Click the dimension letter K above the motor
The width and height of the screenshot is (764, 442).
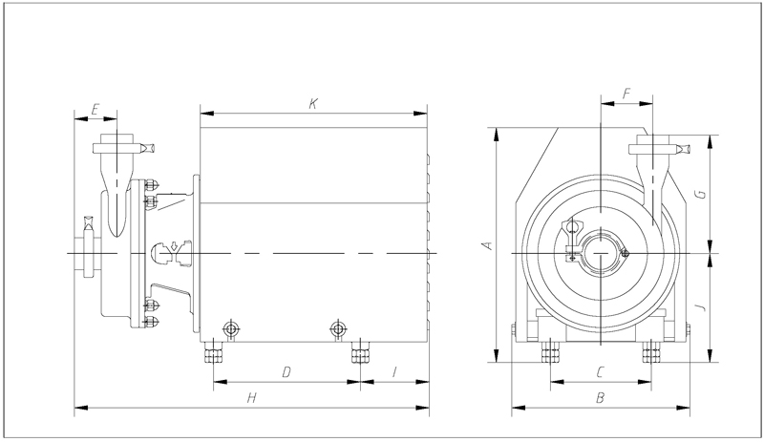(x=313, y=104)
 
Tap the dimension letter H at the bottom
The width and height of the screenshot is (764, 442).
(x=250, y=398)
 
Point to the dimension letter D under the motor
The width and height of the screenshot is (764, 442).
(x=286, y=370)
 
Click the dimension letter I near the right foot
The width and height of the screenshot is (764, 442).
(x=393, y=370)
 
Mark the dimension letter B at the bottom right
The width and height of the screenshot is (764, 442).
(x=600, y=398)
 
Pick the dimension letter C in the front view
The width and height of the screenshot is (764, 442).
(x=599, y=370)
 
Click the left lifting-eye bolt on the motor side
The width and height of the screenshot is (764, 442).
(x=230, y=329)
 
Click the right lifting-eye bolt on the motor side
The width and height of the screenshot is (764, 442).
(x=337, y=329)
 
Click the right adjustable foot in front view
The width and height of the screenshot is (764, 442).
(x=652, y=353)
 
